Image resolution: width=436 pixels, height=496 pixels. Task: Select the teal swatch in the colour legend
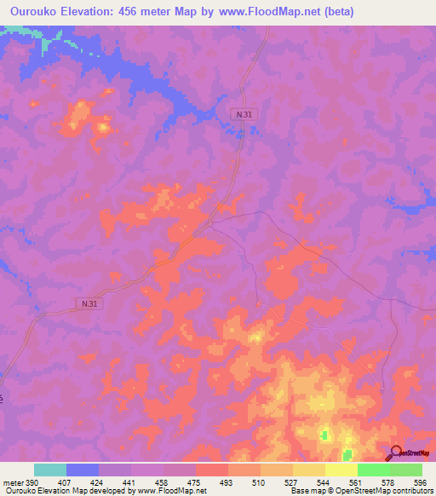[50, 470]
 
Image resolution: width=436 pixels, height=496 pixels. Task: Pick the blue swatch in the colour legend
[83, 470]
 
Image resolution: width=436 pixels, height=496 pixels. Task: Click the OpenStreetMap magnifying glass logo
[396, 453]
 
